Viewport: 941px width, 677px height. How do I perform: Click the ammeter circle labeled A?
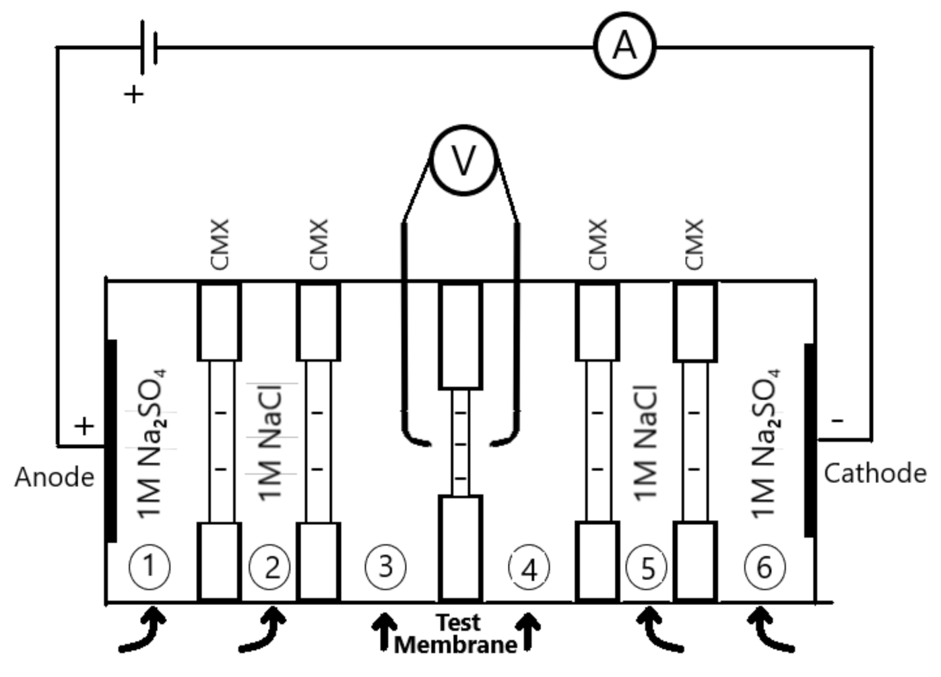(x=624, y=46)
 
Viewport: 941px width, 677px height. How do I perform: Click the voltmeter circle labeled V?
(x=463, y=160)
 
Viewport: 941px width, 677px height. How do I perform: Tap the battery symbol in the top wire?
(x=148, y=47)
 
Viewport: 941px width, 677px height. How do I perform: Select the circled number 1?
(x=149, y=566)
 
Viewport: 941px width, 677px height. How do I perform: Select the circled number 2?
(x=270, y=567)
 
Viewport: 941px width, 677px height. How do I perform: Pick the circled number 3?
(x=385, y=567)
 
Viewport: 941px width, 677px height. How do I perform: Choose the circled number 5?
(x=647, y=567)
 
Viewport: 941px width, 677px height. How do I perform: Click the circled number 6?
(x=764, y=567)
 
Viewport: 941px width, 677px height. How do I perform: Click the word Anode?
(x=55, y=477)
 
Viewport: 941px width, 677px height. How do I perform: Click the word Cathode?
(x=874, y=473)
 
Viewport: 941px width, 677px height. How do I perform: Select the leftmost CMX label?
(x=220, y=244)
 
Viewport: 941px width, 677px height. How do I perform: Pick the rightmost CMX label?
(x=694, y=244)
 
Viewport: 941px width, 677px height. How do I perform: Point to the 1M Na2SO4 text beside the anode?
(x=151, y=443)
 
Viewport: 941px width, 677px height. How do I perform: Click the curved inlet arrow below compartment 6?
(x=769, y=630)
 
